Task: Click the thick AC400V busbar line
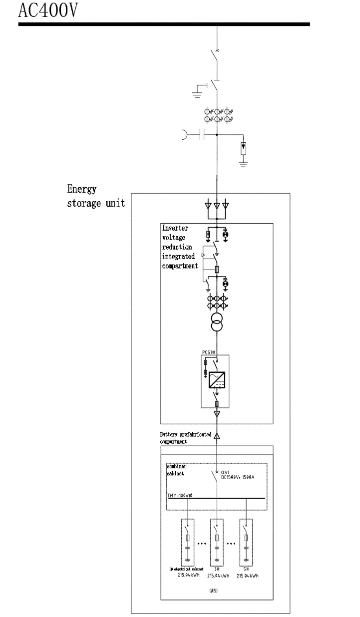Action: tap(164, 24)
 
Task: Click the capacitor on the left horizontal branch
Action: tap(201, 135)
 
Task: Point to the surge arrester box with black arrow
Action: tap(243, 148)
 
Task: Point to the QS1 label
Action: tap(226, 472)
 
